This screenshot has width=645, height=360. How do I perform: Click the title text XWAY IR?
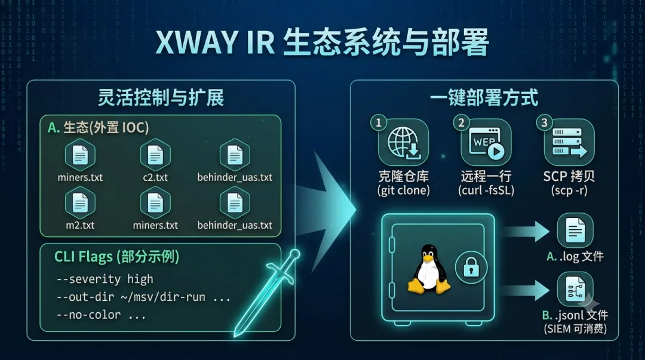point(215,42)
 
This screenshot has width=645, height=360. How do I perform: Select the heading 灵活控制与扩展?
point(161,98)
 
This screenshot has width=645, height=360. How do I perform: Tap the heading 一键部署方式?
point(484,98)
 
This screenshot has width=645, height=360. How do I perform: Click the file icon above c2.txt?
point(155,155)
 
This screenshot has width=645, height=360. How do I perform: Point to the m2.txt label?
point(80,226)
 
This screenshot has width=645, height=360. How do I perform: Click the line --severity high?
point(105,279)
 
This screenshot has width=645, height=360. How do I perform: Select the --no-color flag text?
point(88,315)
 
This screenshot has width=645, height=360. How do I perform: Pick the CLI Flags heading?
point(117,257)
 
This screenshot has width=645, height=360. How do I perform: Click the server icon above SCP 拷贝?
point(569,142)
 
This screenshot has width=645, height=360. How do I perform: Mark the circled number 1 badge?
point(379,122)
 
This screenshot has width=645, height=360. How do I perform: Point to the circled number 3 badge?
point(544,122)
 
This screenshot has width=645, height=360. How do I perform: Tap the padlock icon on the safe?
point(471,267)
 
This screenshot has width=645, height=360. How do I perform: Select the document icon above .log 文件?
point(575,230)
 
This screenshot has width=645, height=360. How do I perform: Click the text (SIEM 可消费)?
point(575,329)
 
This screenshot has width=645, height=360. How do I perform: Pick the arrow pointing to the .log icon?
point(526,231)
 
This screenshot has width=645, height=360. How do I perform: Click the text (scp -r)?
point(569,190)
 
